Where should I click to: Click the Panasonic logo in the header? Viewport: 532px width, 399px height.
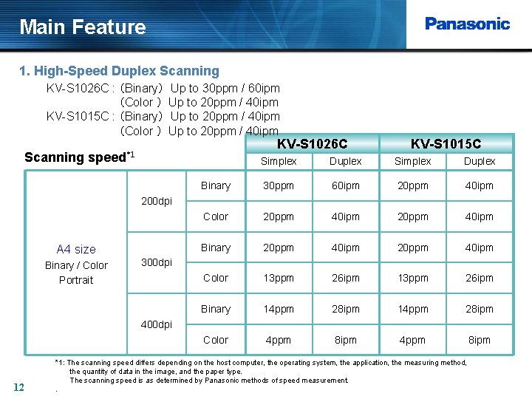tap(467, 24)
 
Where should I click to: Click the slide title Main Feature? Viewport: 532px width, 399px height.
tap(83, 27)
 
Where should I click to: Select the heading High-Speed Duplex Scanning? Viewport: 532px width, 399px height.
tap(119, 71)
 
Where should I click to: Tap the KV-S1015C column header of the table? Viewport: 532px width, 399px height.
tap(446, 143)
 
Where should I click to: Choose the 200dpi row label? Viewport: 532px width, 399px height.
tap(156, 201)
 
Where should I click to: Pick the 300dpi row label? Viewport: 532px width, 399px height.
tap(156, 262)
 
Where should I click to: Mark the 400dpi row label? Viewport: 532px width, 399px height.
tap(156, 324)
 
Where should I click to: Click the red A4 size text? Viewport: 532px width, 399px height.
tap(76, 250)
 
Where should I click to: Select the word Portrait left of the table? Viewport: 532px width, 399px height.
tap(76, 280)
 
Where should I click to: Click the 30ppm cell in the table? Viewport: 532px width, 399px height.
tap(279, 186)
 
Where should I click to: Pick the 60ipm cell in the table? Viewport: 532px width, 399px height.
tap(345, 186)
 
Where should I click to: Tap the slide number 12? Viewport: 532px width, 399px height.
tap(19, 386)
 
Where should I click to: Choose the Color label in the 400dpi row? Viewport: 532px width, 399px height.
tap(216, 340)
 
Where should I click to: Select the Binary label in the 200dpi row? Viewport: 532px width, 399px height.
tap(216, 185)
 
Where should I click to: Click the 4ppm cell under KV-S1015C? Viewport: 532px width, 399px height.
tap(412, 341)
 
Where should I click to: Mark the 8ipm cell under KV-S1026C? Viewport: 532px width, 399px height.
tap(345, 341)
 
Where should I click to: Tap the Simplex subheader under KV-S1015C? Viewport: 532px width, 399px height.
tap(412, 161)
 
